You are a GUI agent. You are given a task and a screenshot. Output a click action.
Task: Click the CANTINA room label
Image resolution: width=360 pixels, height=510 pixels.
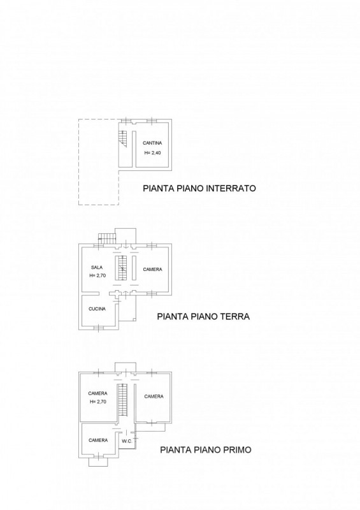tap(152, 143)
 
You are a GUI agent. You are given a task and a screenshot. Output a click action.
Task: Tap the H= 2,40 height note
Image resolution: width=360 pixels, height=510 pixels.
tap(152, 153)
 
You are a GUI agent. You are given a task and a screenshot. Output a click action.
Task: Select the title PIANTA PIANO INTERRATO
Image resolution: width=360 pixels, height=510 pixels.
tap(199, 189)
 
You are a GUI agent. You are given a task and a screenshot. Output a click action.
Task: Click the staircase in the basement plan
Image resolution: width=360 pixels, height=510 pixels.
tap(124, 138)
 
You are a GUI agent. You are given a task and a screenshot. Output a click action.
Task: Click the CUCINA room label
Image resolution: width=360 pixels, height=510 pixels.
tap(97, 309)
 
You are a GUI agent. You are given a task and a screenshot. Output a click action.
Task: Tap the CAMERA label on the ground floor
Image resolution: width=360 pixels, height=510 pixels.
tap(152, 269)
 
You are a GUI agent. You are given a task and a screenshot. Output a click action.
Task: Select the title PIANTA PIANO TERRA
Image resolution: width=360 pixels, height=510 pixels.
tap(203, 316)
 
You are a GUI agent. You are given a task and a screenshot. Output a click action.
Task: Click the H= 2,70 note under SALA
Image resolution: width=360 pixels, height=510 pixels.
tap(97, 276)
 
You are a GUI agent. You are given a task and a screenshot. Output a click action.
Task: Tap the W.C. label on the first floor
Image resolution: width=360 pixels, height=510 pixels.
tap(126, 441)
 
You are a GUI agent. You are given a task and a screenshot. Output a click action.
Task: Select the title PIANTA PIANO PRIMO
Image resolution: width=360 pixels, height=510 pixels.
tap(205, 450)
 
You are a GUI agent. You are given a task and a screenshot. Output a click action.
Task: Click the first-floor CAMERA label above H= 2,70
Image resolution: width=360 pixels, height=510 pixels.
tap(97, 393)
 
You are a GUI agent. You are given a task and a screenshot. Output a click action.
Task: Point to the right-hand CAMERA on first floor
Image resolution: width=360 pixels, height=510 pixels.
tap(154, 397)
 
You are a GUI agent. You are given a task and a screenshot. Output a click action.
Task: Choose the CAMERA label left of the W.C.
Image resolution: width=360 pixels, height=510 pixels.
tap(97, 440)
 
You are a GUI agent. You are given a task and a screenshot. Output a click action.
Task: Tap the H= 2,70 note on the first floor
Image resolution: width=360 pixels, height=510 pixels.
tap(97, 402)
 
